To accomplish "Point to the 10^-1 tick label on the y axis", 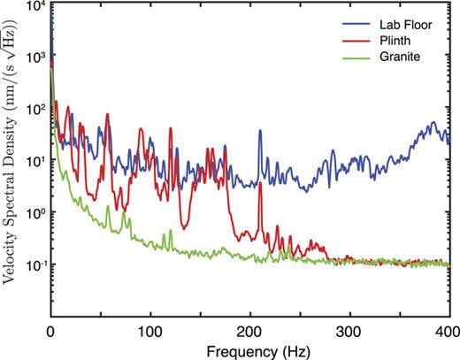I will point(35,264).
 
